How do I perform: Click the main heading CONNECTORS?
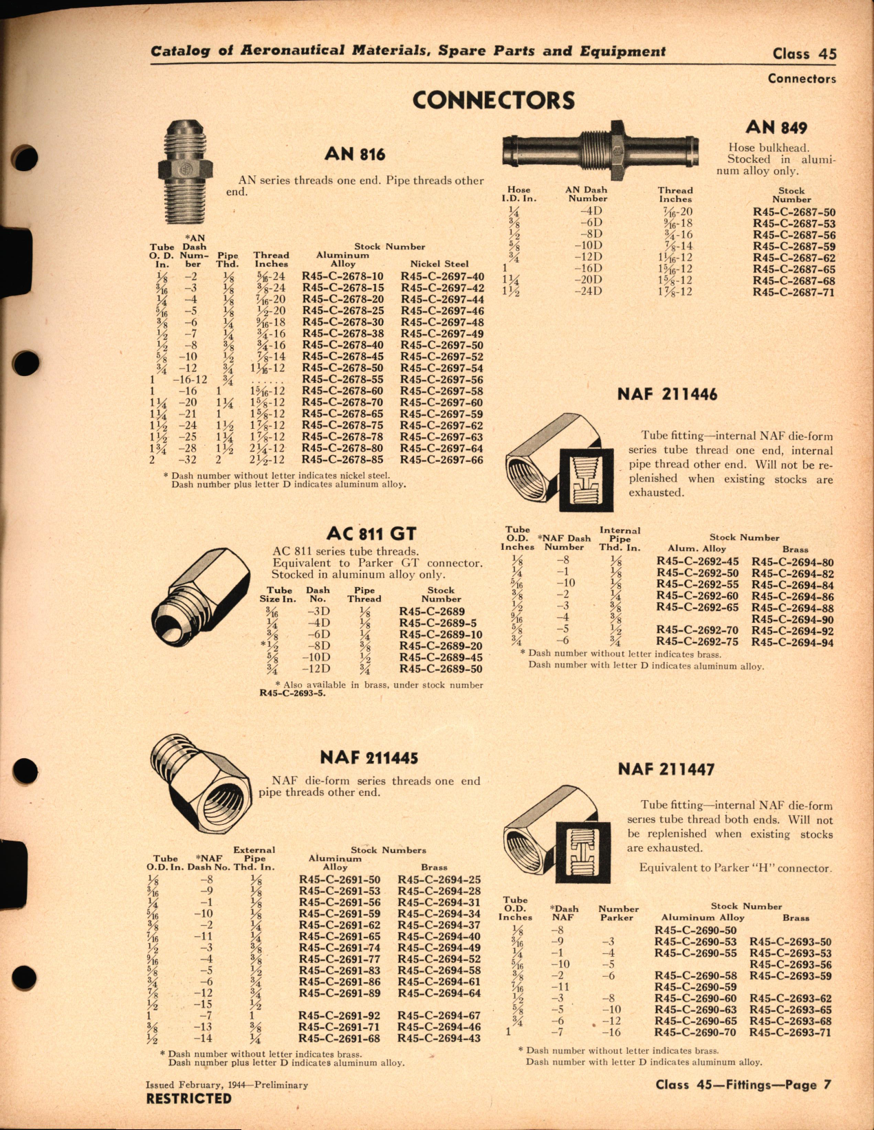click(493, 100)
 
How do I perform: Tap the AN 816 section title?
click(355, 154)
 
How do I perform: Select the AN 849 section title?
click(776, 127)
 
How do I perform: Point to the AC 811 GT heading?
click(371, 534)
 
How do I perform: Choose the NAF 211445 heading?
click(369, 757)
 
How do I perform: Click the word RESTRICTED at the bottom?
click(188, 1098)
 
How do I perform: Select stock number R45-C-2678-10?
click(342, 276)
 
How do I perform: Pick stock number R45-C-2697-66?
click(441, 460)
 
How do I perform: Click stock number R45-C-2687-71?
click(794, 292)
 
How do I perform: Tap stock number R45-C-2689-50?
click(440, 669)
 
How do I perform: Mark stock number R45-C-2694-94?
click(792, 643)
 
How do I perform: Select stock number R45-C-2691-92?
click(339, 1015)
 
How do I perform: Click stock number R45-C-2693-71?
click(790, 1032)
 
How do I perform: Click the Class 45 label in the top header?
click(804, 54)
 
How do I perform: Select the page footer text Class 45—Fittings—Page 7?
click(743, 1085)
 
